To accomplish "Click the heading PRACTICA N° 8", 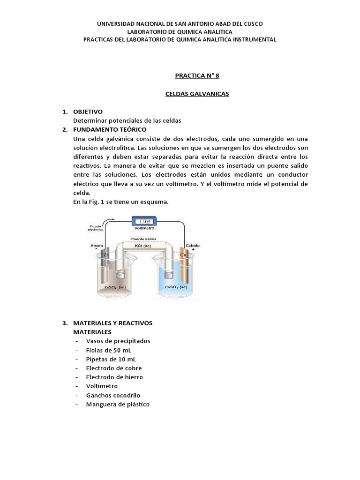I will (197, 75).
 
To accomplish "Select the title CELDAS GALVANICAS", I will (197, 94).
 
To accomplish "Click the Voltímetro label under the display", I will (145, 229).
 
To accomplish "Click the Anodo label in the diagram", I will (97, 246).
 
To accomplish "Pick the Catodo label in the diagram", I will (193, 246).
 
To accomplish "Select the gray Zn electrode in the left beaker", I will (106, 267).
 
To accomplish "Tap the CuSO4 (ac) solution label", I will (176, 287).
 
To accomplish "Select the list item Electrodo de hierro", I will (114, 377).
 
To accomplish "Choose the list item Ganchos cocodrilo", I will (113, 395).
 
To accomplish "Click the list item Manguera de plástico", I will (118, 404).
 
